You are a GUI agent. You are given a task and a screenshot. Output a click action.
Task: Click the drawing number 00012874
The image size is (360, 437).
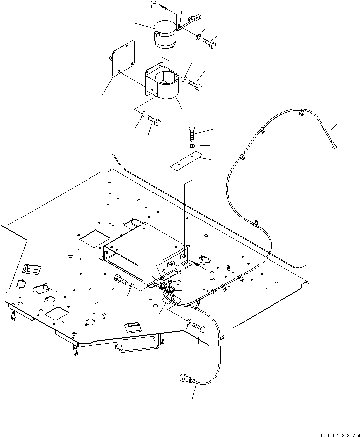(x=340, y=435)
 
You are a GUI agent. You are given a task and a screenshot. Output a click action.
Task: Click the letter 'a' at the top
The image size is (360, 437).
(x=154, y=4)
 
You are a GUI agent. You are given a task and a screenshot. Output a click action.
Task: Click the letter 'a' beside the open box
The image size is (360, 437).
(x=212, y=276)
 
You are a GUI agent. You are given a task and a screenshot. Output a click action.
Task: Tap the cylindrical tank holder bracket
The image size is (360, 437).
(x=161, y=81)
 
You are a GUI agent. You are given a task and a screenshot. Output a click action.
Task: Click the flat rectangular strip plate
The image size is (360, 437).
(x=186, y=161)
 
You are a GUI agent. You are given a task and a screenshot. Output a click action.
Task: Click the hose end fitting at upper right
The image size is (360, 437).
(x=334, y=147)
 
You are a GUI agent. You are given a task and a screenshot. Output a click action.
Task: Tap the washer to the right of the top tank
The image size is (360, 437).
(x=198, y=36)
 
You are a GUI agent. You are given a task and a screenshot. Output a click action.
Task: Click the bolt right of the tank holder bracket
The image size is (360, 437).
(x=195, y=85)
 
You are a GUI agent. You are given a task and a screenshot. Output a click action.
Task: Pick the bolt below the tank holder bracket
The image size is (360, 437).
(x=154, y=120)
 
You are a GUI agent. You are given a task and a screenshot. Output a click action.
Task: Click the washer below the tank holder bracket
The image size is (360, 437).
(x=143, y=114)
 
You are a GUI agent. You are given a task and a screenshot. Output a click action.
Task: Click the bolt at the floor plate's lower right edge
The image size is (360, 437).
(x=199, y=328)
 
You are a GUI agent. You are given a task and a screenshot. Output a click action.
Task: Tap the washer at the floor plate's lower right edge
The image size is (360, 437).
(x=188, y=321)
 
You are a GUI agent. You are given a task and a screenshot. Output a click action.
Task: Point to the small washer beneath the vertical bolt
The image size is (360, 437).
(x=192, y=147)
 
